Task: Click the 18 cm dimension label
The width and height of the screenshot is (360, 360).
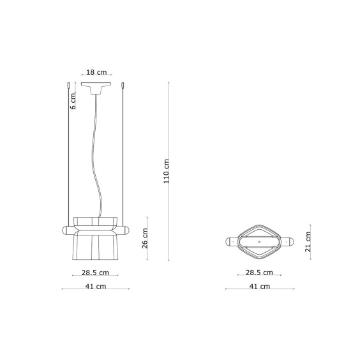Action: (96, 72)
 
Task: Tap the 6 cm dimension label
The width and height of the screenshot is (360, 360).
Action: (73, 101)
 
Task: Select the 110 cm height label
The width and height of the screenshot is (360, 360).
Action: (166, 171)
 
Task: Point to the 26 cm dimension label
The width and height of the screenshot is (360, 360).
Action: (145, 238)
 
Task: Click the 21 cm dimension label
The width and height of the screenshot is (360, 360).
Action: (308, 242)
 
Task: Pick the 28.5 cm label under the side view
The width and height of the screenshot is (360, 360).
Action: (95, 273)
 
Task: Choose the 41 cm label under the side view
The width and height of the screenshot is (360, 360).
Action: (96, 287)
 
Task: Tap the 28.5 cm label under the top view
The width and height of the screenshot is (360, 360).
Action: (259, 273)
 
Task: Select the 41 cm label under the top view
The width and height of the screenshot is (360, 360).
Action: (260, 287)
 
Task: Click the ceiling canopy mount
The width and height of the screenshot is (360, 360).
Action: (96, 88)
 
